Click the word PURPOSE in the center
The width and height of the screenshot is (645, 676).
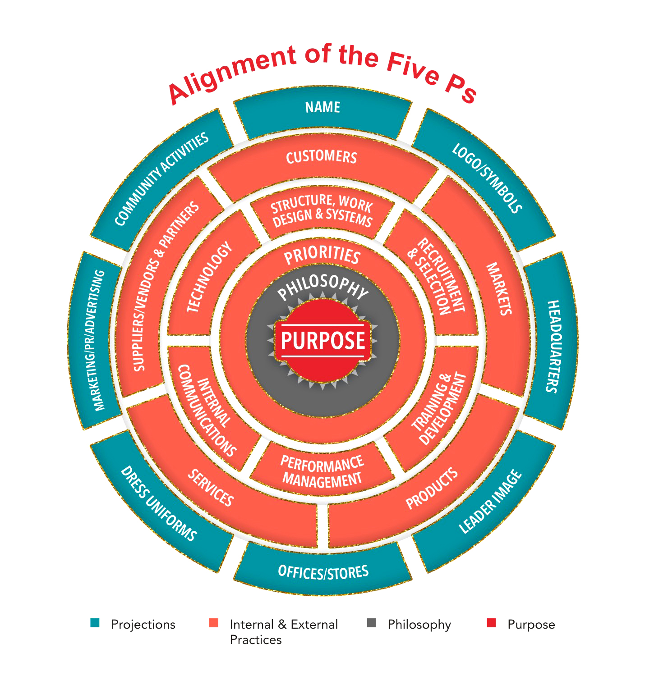pos(322,340)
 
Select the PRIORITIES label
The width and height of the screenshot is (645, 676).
pos(322,256)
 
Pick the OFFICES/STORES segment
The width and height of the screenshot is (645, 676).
pos(323,572)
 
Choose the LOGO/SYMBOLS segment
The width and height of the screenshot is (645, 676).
pos(487,178)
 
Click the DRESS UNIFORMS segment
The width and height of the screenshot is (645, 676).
pos(158,503)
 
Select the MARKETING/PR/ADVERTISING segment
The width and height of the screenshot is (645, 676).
pos(99,340)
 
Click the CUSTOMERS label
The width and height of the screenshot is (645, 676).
pos(322,157)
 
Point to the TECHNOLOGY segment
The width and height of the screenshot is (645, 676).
pos(209,277)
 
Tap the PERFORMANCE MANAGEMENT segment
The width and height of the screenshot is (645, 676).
pos(322,471)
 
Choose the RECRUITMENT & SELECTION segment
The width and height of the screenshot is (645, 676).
pos(435,276)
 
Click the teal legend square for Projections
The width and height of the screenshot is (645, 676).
pos(95,623)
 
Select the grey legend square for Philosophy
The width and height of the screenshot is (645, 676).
pos(372,623)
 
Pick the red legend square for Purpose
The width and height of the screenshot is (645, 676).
pos(491,623)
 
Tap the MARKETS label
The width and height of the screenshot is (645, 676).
pos(499,288)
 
